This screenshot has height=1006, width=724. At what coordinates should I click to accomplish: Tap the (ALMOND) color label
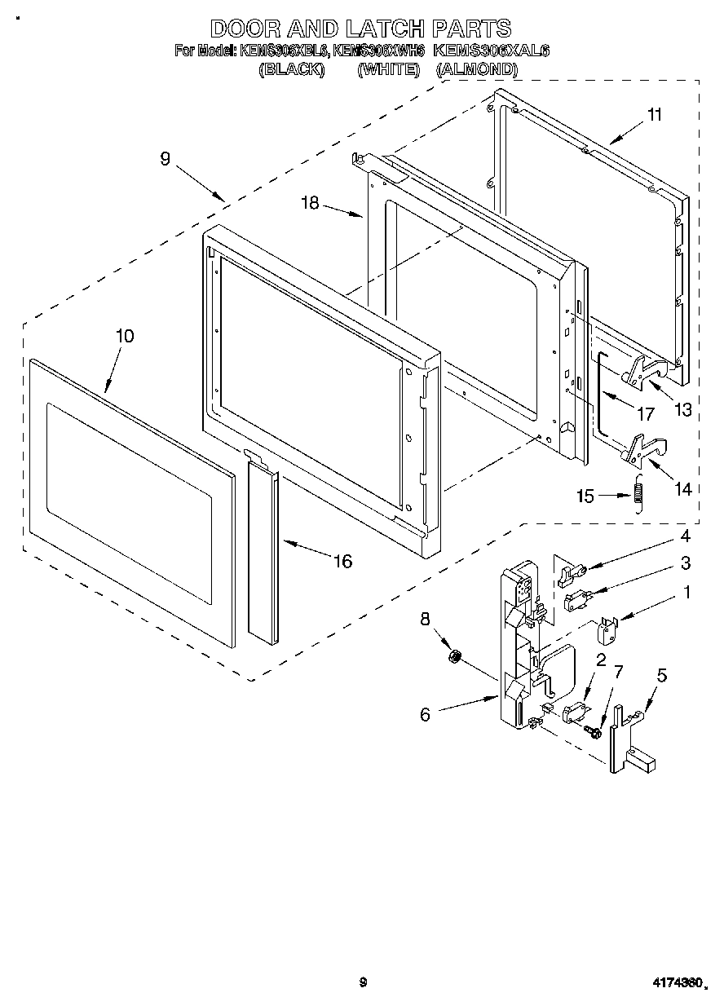tap(477, 70)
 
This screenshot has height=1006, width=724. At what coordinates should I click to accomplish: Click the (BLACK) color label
tap(292, 70)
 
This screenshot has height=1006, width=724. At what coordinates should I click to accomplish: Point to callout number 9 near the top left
tap(165, 160)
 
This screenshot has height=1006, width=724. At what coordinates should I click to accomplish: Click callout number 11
tap(654, 114)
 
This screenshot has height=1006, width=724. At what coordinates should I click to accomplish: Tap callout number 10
tap(125, 336)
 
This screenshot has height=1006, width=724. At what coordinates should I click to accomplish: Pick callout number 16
tap(342, 561)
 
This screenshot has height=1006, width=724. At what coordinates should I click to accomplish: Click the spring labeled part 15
tap(638, 499)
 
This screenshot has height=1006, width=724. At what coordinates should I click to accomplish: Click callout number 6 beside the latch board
tap(425, 714)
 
